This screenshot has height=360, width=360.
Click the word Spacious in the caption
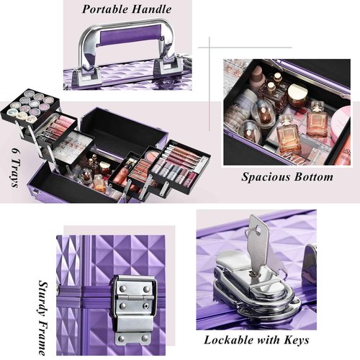coord(264,176)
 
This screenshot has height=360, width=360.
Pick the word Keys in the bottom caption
coord(294,341)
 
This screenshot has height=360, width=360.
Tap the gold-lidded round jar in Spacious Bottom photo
coord(297,94)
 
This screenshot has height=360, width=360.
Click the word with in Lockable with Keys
coord(264,341)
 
